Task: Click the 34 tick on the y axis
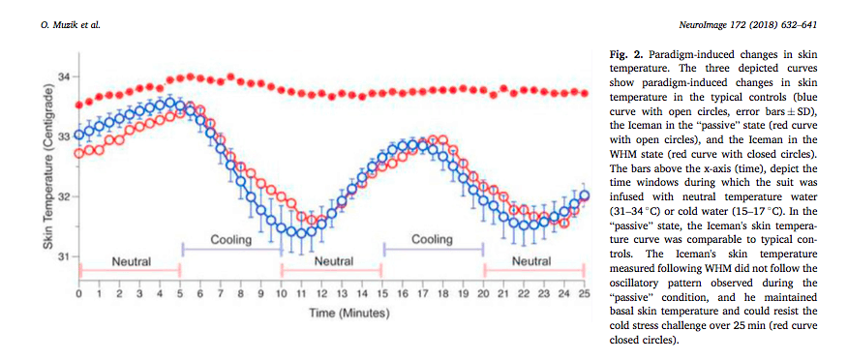pyautogui.click(x=65, y=75)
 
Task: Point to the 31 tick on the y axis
pyautogui.click(x=65, y=256)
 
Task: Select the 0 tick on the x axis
pyautogui.click(x=78, y=293)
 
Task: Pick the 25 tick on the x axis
pyautogui.click(x=586, y=293)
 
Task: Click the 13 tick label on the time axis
pyautogui.click(x=342, y=293)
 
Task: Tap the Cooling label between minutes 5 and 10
pyautogui.click(x=230, y=239)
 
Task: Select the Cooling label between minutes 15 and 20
pyautogui.click(x=433, y=239)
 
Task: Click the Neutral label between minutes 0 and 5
pyautogui.click(x=130, y=261)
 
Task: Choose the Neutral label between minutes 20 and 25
pyautogui.click(x=533, y=261)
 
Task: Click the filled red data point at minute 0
pyautogui.click(x=79, y=103)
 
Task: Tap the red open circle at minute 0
pyautogui.click(x=79, y=153)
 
